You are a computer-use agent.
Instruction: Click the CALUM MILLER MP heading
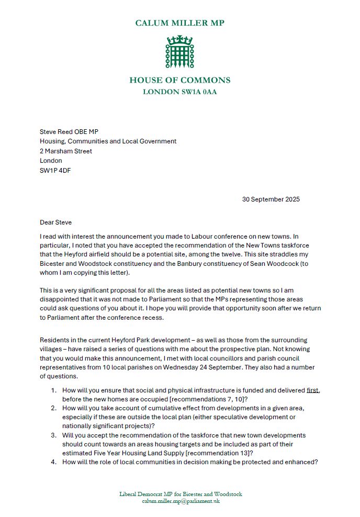tap(179, 23)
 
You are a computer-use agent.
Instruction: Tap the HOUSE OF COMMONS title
tap(179, 81)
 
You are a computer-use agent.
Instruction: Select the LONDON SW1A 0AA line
tap(179, 92)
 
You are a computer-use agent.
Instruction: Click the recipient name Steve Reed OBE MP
tap(69, 131)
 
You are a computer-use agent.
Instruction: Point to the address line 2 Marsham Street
tap(66, 151)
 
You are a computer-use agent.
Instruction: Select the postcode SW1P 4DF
tap(55, 171)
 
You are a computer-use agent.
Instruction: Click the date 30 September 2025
tap(271, 199)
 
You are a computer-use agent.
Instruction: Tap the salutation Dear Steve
tap(55, 222)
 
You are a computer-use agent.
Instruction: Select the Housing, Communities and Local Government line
tap(108, 141)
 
